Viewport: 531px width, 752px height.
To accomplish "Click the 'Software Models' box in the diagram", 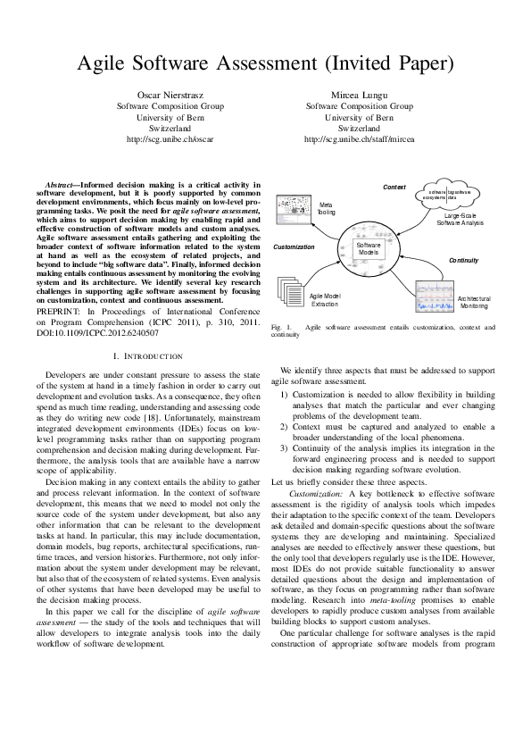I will click(368, 249).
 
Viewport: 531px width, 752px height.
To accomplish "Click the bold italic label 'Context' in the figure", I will click(394, 187).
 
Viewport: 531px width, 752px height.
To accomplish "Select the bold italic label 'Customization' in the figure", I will click(294, 246).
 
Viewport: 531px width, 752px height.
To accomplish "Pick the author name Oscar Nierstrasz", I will click(170, 94).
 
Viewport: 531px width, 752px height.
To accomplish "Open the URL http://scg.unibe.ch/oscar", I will click(170, 139).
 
